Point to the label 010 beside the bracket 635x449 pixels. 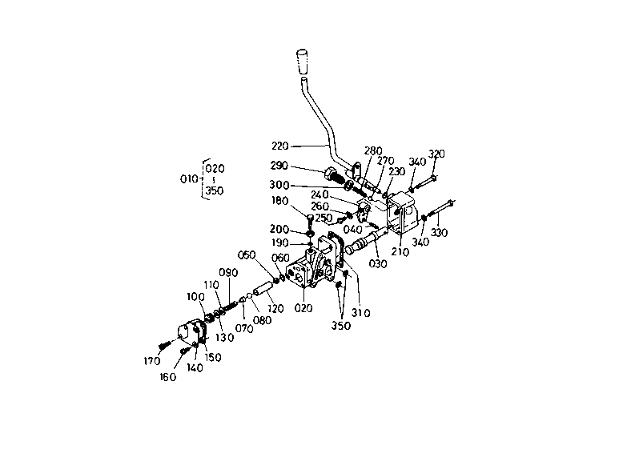click(x=189, y=179)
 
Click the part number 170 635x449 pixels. click(x=152, y=360)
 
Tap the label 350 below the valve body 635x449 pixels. click(x=342, y=327)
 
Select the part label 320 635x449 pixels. click(x=436, y=154)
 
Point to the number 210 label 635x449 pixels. click(x=400, y=251)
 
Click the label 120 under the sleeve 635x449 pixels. click(x=275, y=308)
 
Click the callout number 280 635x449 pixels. click(x=373, y=150)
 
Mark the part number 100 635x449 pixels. click(x=196, y=297)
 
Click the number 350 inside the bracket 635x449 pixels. click(x=215, y=191)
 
